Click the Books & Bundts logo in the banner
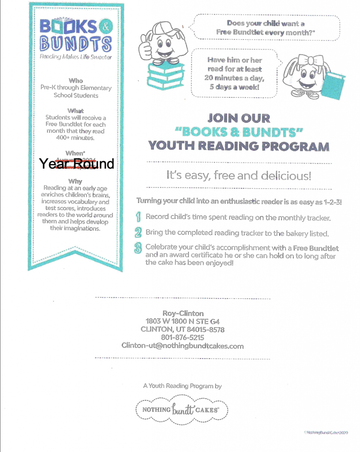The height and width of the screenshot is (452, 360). pyautogui.click(x=76, y=35)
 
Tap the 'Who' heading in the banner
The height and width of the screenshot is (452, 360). pyautogui.click(x=76, y=80)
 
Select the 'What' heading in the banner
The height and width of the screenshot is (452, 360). pyautogui.click(x=76, y=110)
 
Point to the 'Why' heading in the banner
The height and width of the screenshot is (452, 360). pyautogui.click(x=75, y=181)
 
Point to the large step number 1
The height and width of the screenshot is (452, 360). pyautogui.click(x=138, y=217)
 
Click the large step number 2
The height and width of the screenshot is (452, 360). pyautogui.click(x=138, y=232)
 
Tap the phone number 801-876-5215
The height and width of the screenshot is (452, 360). pyautogui.click(x=183, y=338)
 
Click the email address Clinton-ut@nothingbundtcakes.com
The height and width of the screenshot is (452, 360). pyautogui.click(x=183, y=346)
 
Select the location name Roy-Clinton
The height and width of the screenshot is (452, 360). pyautogui.click(x=183, y=313)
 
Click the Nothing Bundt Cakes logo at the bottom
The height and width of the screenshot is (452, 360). pyautogui.click(x=182, y=410)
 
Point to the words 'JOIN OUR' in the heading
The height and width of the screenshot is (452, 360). pyautogui.click(x=239, y=118)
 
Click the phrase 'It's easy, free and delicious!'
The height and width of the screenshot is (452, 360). pyautogui.click(x=239, y=175)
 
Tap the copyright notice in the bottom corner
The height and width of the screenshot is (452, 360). pyautogui.click(x=326, y=433)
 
